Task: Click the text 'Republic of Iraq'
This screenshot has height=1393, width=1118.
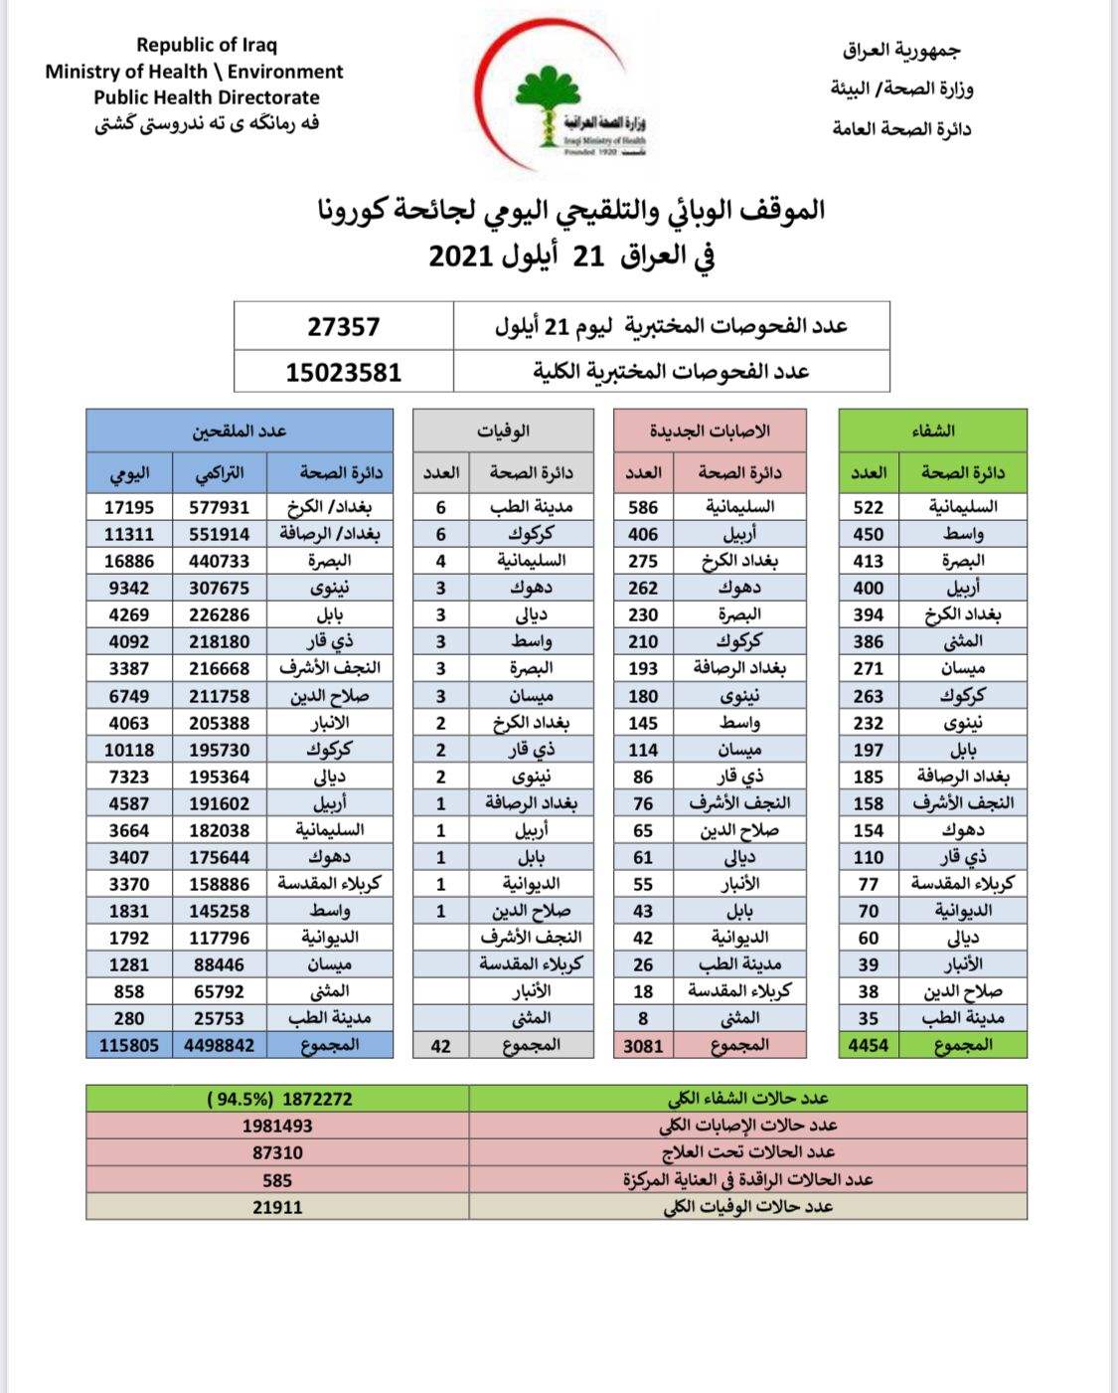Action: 207,45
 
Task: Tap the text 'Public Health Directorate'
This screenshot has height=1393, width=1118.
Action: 207,97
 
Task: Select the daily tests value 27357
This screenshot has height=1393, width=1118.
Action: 343,326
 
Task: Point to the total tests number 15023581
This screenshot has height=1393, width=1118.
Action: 343,373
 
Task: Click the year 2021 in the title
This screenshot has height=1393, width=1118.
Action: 462,257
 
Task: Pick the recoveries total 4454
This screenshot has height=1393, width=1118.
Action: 869,1045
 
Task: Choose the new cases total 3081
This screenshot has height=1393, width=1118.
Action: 643,1045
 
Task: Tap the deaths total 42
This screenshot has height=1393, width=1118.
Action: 441,1045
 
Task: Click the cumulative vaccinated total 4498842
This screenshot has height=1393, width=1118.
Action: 219,1045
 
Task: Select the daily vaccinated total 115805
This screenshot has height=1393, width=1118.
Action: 129,1045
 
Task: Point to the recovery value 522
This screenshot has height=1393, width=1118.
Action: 869,507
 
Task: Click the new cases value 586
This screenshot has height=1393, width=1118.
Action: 643,507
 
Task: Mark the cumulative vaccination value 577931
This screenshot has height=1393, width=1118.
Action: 219,507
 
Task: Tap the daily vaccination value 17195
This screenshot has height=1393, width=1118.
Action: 129,507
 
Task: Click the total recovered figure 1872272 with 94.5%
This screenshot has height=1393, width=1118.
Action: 279,1099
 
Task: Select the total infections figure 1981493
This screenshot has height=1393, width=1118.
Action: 277,1126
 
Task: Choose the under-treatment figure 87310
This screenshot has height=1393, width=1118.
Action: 277,1153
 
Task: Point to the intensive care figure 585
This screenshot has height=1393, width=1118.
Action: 277,1180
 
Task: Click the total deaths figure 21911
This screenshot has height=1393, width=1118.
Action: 277,1207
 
